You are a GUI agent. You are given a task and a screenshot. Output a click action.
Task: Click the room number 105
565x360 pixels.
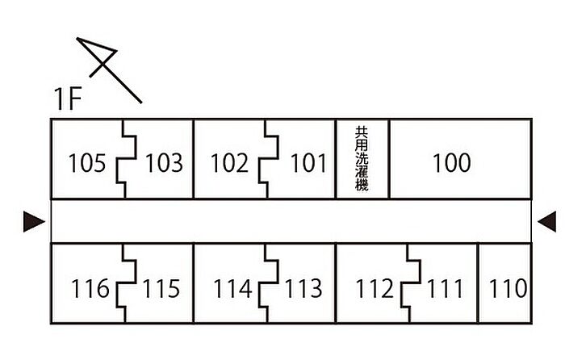tap(87, 164)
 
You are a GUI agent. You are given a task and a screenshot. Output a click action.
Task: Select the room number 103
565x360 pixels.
tap(164, 164)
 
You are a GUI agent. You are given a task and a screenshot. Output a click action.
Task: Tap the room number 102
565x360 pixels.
tap(229, 164)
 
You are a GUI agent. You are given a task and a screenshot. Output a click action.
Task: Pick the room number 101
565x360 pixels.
tap(308, 164)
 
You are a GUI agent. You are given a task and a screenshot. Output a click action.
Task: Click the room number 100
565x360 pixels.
tap(451, 163)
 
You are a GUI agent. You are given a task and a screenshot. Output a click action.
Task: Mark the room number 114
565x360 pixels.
tap(232, 288)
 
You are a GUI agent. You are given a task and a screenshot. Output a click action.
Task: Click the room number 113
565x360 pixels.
tap(303, 288)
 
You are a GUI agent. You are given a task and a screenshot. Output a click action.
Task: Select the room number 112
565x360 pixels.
tap(375, 288)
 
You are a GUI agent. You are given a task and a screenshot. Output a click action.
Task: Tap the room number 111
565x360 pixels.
tap(446, 288)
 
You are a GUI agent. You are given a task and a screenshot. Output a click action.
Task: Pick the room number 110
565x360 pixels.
tap(508, 288)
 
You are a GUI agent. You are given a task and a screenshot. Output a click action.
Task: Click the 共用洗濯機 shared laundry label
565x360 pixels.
tap(362, 158)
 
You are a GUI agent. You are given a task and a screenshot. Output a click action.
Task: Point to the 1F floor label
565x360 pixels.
tap(69, 100)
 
